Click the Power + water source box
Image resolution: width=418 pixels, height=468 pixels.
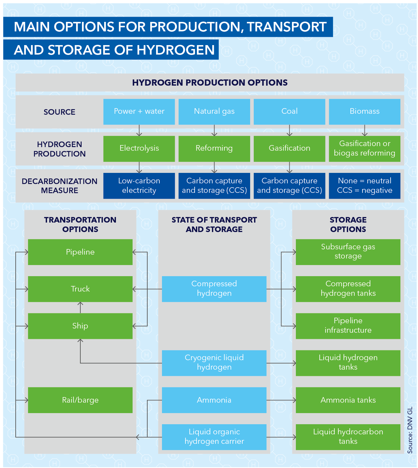[x=139, y=111]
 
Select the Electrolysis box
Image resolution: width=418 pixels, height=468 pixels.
[x=139, y=148]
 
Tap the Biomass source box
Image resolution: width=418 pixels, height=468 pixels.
[x=364, y=111]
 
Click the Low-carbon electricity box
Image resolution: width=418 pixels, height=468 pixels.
[x=139, y=186]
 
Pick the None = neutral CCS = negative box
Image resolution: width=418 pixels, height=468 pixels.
[x=364, y=186]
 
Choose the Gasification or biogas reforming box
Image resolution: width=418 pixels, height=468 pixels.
[x=364, y=148]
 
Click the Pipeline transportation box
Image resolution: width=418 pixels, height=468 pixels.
[x=80, y=252]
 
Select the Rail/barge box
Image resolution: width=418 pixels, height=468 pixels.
[x=80, y=400]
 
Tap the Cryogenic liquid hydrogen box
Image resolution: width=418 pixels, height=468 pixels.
[x=214, y=363]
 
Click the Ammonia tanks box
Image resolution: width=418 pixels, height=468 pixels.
[x=348, y=400]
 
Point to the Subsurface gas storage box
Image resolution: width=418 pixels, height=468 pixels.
[x=348, y=252]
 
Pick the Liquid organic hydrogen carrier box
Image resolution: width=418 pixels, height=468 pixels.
[x=214, y=437]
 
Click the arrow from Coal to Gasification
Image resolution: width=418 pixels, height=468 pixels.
[x=290, y=130]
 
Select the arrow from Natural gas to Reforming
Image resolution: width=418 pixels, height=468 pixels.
[x=214, y=130]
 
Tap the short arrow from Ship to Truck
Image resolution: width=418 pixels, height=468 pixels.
[x=80, y=308]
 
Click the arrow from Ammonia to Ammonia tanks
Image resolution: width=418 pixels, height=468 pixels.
[x=281, y=400]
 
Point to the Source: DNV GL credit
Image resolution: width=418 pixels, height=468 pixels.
[x=410, y=430]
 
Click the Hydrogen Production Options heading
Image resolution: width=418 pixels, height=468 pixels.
[x=210, y=83]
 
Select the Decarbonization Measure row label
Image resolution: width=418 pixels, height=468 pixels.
[x=59, y=186]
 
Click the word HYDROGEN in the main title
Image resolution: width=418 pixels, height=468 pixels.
[x=176, y=50]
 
